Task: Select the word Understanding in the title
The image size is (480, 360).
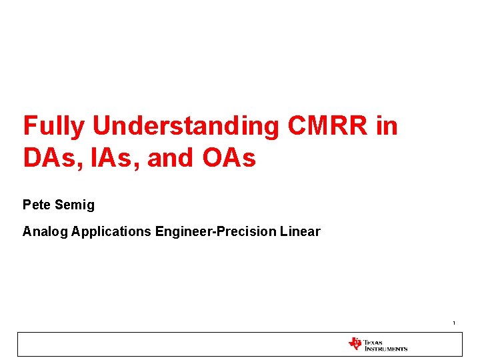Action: [x=185, y=125]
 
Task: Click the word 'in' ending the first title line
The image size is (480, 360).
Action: [x=387, y=125]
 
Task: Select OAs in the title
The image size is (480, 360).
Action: [x=228, y=159]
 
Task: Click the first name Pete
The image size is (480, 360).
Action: [x=36, y=205]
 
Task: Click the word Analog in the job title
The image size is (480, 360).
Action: [x=45, y=232]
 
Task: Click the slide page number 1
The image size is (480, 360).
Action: [x=454, y=323]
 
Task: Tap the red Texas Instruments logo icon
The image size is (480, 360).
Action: [x=355, y=344]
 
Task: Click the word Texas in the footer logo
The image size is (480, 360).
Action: [x=373, y=341]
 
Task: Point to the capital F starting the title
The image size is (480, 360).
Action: [x=29, y=125]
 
